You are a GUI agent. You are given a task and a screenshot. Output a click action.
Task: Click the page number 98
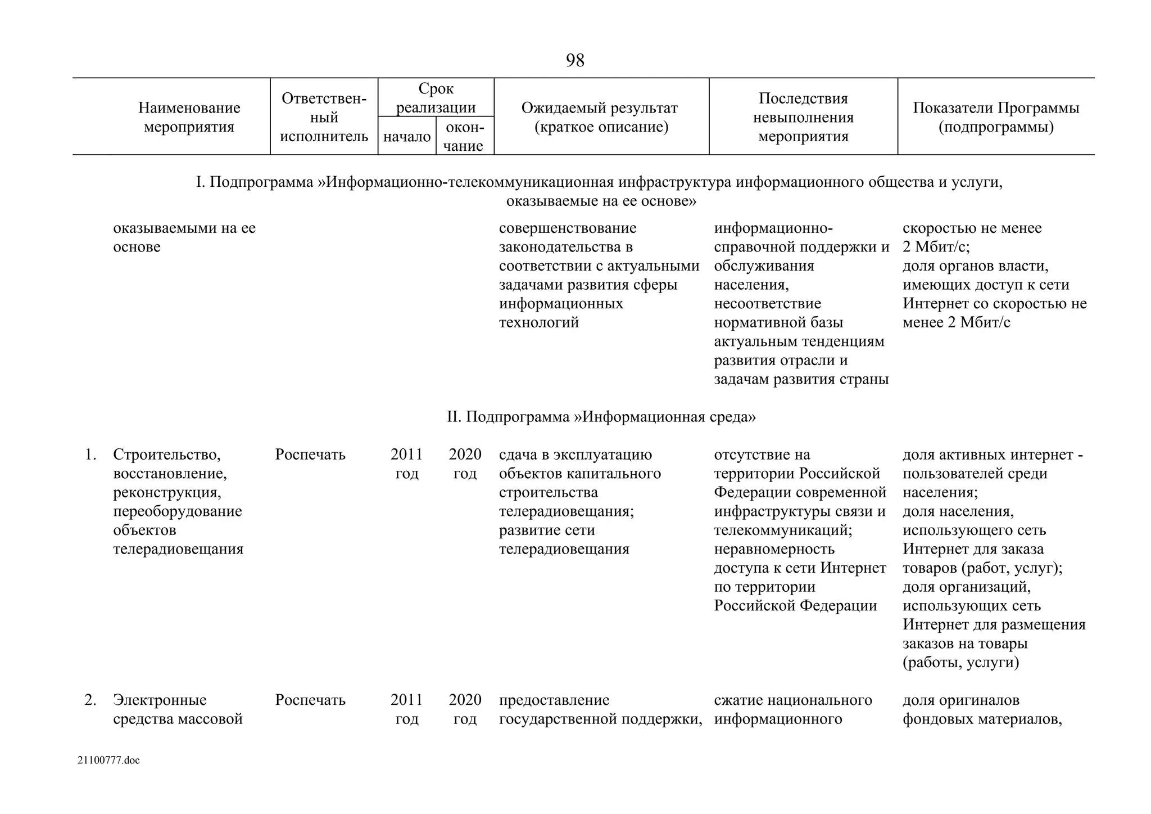pyautogui.click(x=575, y=60)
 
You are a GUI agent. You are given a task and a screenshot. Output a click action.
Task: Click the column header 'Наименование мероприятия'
pyautogui.click(x=189, y=117)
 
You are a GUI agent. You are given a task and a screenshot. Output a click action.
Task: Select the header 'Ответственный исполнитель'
pyautogui.click(x=324, y=117)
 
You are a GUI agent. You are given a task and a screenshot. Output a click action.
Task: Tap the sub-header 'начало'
pyautogui.click(x=407, y=136)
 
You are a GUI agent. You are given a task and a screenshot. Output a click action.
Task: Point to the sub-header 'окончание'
pyautogui.click(x=464, y=136)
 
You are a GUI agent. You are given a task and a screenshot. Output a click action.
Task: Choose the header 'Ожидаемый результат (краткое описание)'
pyautogui.click(x=600, y=117)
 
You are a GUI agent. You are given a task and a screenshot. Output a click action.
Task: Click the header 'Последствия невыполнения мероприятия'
pyautogui.click(x=803, y=117)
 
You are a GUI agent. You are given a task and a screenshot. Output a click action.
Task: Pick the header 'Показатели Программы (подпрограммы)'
pyautogui.click(x=995, y=117)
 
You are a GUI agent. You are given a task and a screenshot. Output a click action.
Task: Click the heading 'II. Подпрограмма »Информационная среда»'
pyautogui.click(x=601, y=417)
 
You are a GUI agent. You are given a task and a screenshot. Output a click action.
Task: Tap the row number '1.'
pyautogui.click(x=91, y=455)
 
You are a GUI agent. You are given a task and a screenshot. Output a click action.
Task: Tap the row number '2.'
pyautogui.click(x=91, y=700)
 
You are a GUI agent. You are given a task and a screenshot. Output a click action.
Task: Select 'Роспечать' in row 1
pyautogui.click(x=310, y=455)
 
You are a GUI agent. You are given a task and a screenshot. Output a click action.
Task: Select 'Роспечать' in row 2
pyautogui.click(x=310, y=700)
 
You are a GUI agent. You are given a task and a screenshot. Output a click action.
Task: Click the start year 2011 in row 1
pyautogui.click(x=406, y=455)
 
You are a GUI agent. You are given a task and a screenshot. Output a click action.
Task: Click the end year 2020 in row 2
pyautogui.click(x=465, y=700)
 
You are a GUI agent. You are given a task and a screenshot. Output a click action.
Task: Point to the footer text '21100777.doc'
pyautogui.click(x=108, y=761)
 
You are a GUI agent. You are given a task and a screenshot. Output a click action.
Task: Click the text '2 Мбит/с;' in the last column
pyautogui.click(x=936, y=247)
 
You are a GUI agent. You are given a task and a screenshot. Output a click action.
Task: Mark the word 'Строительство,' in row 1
pyautogui.click(x=167, y=455)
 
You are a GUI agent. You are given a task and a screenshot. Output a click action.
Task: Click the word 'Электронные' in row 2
pyautogui.click(x=160, y=700)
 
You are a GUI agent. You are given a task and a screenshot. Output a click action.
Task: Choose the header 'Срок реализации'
pyautogui.click(x=436, y=98)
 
